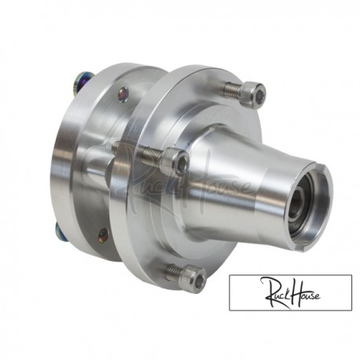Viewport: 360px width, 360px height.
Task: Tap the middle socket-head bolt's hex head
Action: pos(178,163)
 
